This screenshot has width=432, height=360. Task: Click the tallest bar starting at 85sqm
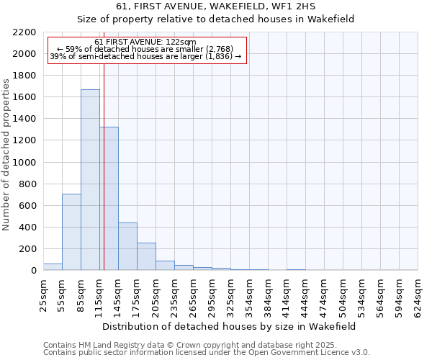pyautogui.click(x=90, y=180)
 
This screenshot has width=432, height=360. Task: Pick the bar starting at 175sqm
pyautogui.click(x=146, y=256)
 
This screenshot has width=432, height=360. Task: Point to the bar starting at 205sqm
pyautogui.click(x=165, y=266)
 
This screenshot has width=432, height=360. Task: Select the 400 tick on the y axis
pyautogui.click(x=28, y=228)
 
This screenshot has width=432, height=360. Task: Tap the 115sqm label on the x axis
pyautogui.click(x=99, y=295)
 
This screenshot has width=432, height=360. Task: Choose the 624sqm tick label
pyautogui.click(x=418, y=295)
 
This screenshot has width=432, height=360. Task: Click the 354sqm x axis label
pyautogui.click(x=249, y=295)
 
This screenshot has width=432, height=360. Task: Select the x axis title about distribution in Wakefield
pyautogui.click(x=230, y=326)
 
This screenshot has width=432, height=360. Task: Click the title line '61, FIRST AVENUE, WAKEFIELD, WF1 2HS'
pyautogui.click(x=215, y=6)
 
